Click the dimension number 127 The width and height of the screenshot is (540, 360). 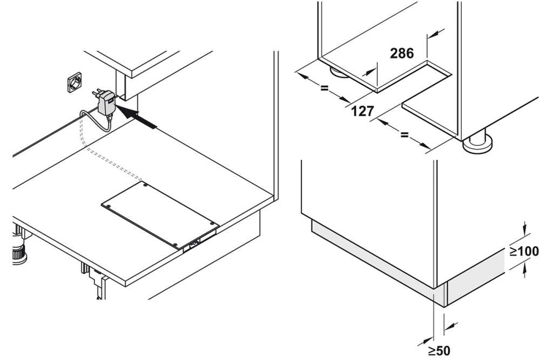pyautogui.click(x=362, y=111)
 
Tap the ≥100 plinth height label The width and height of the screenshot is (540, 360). pyautogui.click(x=524, y=252)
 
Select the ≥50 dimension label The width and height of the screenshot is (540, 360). pyautogui.click(x=439, y=351)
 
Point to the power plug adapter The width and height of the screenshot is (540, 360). pyautogui.click(x=106, y=102)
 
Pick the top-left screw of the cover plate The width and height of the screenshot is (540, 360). pyautogui.click(x=145, y=184)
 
